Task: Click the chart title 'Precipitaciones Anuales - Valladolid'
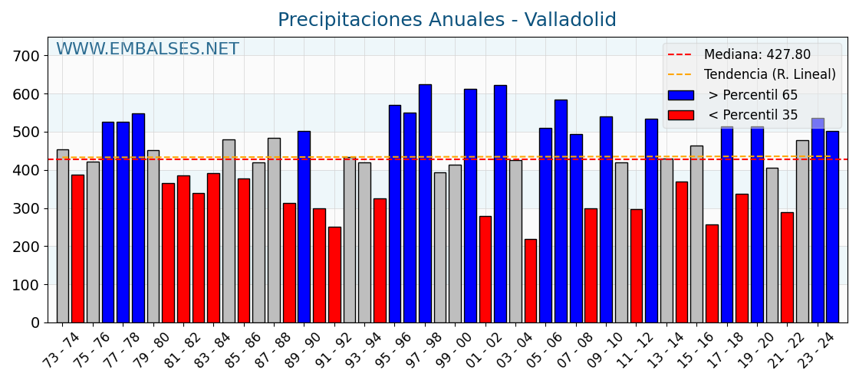coord(446,20)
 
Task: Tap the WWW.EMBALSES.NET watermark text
coord(147,50)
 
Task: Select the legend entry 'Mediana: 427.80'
coord(756,55)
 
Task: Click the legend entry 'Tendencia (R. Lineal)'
coord(769,75)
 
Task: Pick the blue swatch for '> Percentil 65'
coord(680,95)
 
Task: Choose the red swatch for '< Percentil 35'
coord(680,115)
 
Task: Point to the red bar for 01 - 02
coord(485,269)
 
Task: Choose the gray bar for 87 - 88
coord(274,230)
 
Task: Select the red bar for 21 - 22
coord(787,267)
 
